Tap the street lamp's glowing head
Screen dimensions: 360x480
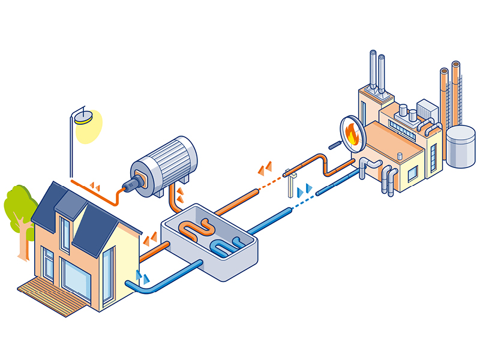85,116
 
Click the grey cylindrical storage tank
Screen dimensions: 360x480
460,146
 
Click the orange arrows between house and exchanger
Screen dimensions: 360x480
150,240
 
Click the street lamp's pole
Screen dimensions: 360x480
73,150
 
